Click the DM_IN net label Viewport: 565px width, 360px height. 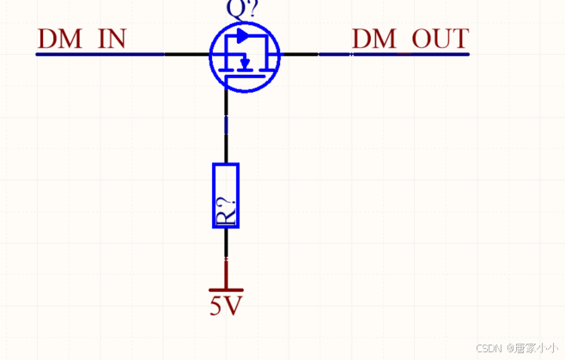pos(82,39)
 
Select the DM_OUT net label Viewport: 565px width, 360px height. pos(410,39)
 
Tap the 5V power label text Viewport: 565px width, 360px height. pos(226,305)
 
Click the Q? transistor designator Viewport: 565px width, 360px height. pos(241,9)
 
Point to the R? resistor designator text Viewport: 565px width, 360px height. pos(226,211)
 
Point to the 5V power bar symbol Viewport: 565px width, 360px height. pos(226,290)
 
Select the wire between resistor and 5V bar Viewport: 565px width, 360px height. pos(226,258)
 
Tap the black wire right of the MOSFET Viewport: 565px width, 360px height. pos(301,54)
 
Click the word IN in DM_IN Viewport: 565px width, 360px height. pos(111,39)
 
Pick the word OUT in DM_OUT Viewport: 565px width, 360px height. pos(440,39)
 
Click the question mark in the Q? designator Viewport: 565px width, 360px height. pos(249,9)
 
